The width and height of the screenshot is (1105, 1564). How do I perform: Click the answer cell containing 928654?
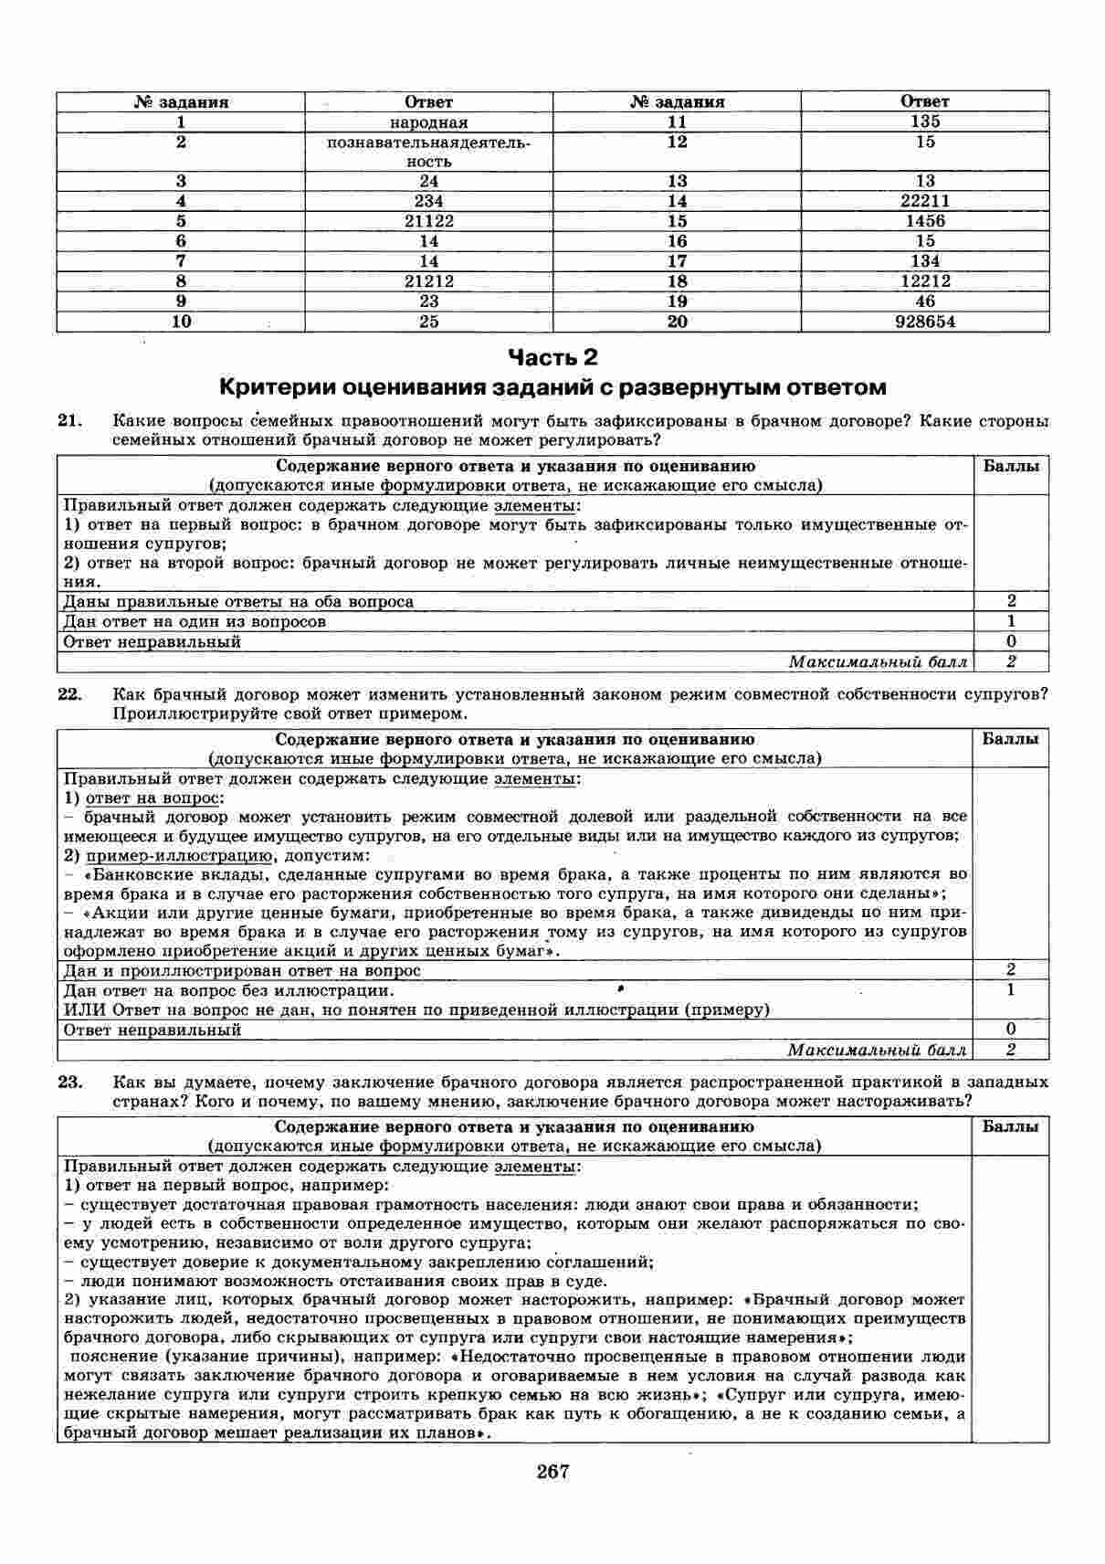(925, 322)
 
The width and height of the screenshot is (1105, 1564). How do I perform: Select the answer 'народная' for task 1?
(428, 122)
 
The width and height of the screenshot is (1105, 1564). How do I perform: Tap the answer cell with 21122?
(428, 221)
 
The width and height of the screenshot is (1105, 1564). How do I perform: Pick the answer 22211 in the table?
(925, 201)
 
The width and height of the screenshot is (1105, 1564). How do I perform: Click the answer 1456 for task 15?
(925, 221)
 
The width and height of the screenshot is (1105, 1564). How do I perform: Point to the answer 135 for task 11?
(925, 122)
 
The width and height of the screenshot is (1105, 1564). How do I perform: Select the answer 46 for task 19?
(925, 301)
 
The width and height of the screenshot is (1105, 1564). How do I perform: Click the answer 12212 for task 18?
(925, 281)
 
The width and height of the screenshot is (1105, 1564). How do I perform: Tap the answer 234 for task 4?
(428, 201)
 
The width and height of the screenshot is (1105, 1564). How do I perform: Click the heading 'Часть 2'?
(552, 356)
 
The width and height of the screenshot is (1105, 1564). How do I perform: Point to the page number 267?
(552, 1471)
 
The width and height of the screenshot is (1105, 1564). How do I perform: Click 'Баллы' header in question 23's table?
(1010, 1126)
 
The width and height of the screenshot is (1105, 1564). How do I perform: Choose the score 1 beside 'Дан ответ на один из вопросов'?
(1011, 621)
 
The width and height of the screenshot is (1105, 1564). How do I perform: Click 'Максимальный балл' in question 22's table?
(877, 1050)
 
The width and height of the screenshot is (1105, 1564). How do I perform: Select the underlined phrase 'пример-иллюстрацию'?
(180, 856)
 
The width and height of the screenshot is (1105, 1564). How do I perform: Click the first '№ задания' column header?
(182, 102)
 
